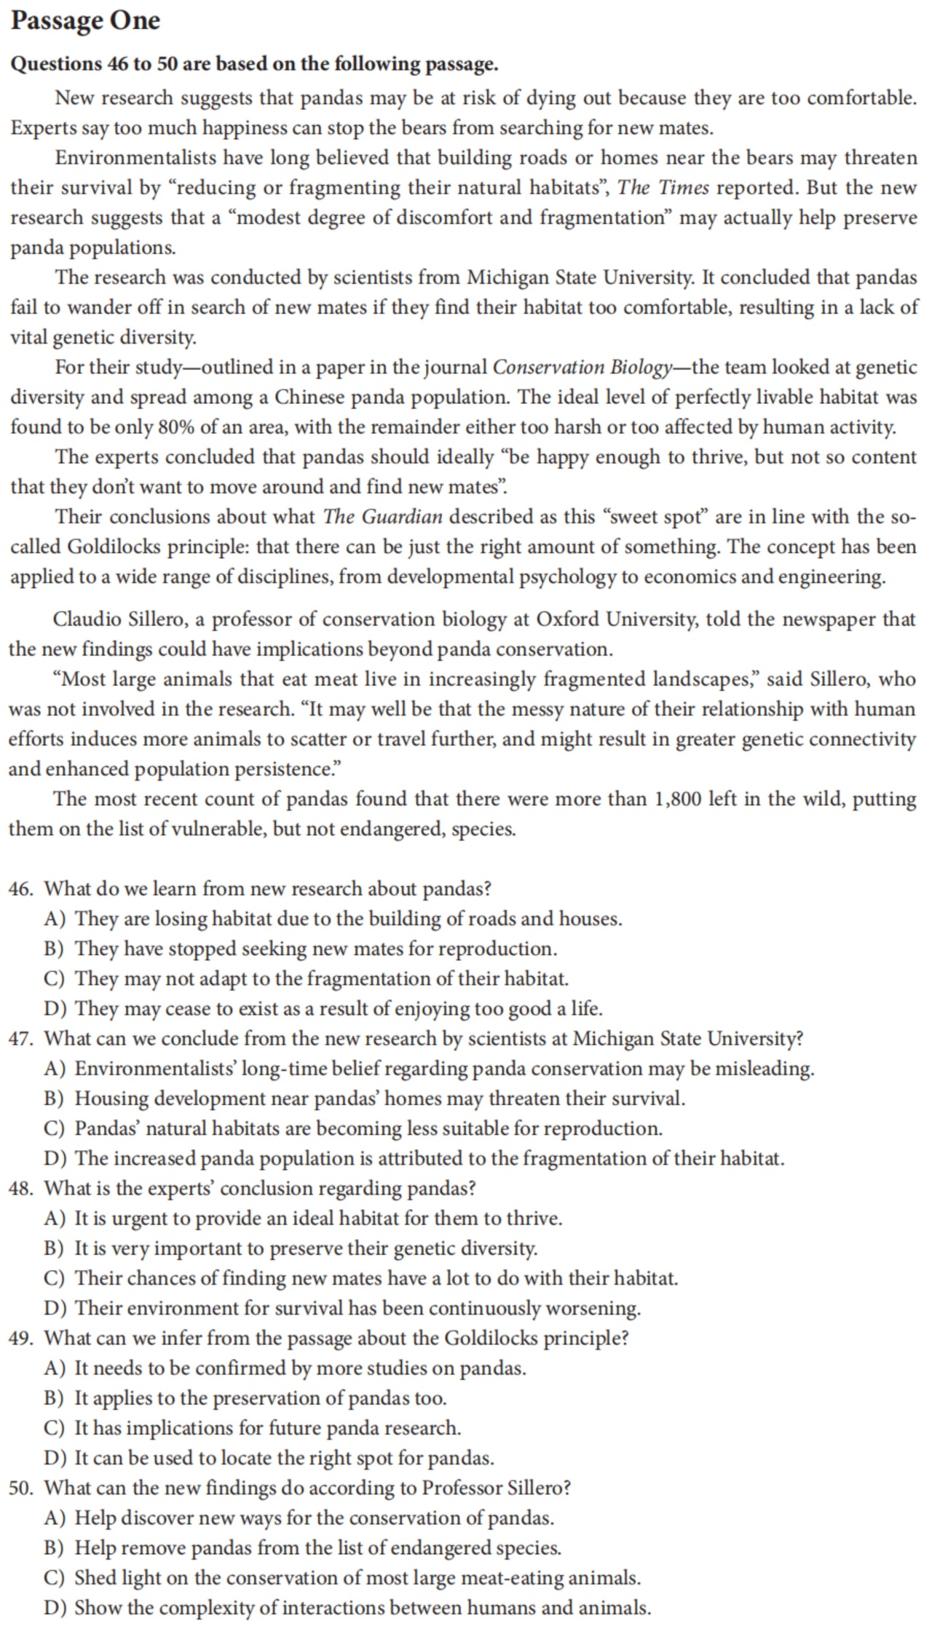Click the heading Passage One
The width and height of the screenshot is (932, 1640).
[x=85, y=21]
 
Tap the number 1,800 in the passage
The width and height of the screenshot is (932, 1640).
[x=679, y=799]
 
